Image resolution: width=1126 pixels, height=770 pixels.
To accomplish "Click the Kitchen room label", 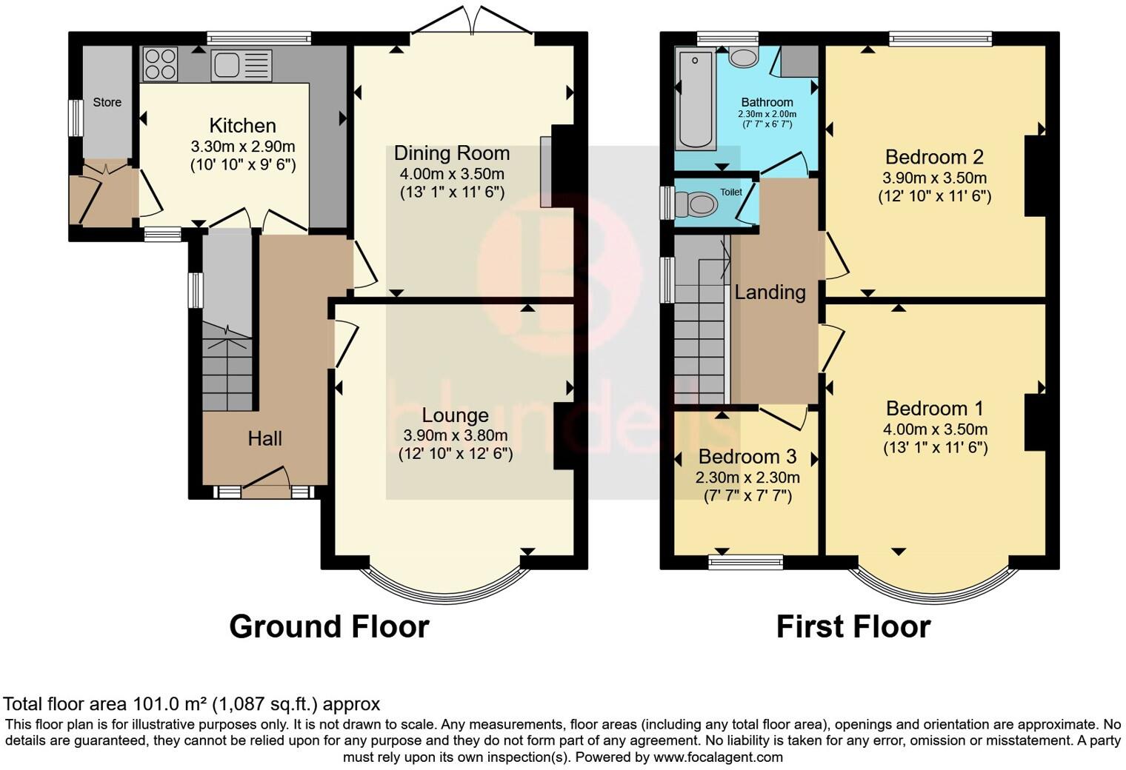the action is tap(242, 126).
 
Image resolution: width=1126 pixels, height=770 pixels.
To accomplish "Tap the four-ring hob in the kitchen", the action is tap(160, 64).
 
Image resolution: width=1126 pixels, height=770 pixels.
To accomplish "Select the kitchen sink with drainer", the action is tap(241, 65).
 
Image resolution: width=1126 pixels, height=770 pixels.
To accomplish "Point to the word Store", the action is tap(107, 102).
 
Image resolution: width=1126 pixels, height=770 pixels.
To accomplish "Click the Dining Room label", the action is tap(451, 153).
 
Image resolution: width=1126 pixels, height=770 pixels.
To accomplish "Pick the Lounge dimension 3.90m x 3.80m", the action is tap(455, 435).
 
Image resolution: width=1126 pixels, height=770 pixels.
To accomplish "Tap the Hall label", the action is tap(264, 438).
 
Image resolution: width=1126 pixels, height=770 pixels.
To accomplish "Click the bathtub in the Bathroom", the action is tap(695, 99).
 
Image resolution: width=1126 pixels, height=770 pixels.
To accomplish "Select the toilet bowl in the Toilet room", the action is tap(696, 204).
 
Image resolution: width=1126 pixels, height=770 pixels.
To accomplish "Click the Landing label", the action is tap(770, 292).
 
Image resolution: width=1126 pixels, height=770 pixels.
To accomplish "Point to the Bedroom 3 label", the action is tap(747, 457).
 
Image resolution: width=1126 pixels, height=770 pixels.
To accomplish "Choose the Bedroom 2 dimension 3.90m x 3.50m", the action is tap(934, 178).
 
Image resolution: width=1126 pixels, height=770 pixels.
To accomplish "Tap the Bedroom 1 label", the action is tap(934, 409).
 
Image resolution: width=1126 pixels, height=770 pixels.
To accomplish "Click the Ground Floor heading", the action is tap(329, 627).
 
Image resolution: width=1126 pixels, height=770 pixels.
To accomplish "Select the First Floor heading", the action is tap(853, 627).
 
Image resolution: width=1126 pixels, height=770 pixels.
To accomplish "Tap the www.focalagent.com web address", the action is tap(718, 757).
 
